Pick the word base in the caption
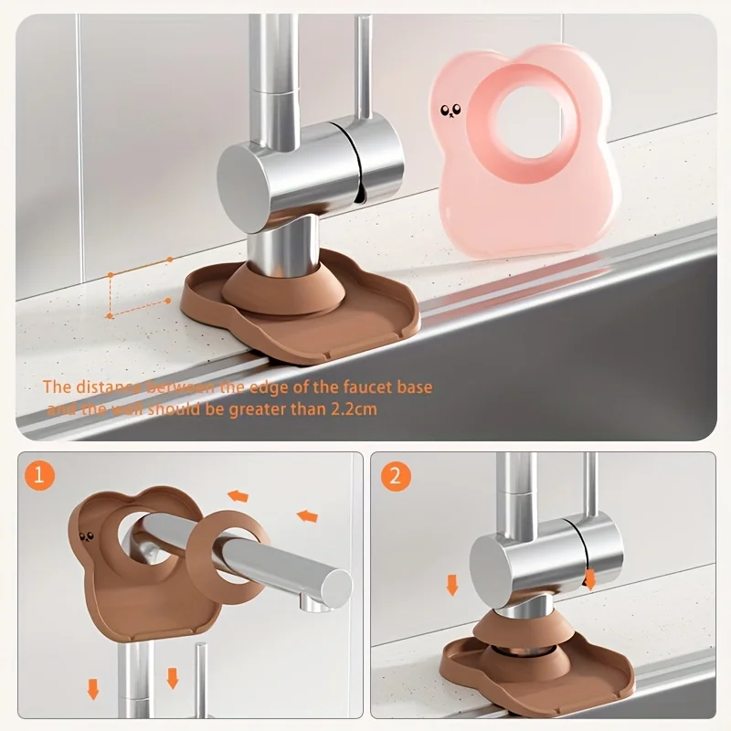point(414,387)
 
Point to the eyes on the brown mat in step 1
point(88,539)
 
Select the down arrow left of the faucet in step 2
point(451,584)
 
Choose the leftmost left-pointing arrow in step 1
point(238,496)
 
